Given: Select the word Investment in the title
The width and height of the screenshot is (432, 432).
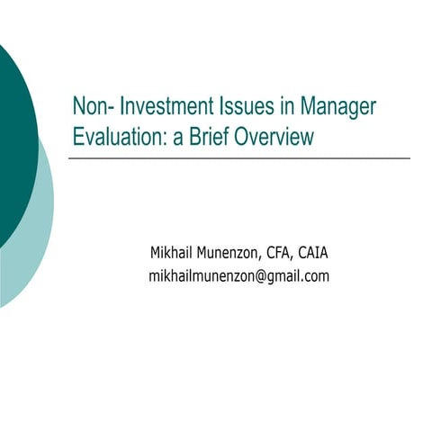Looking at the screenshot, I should click(x=161, y=107).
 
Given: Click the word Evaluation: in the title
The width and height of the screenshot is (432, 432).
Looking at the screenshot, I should click(x=120, y=137).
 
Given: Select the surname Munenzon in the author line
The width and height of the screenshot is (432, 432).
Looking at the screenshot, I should click(x=235, y=251).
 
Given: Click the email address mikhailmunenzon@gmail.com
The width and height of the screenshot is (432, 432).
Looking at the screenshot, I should click(x=238, y=276).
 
